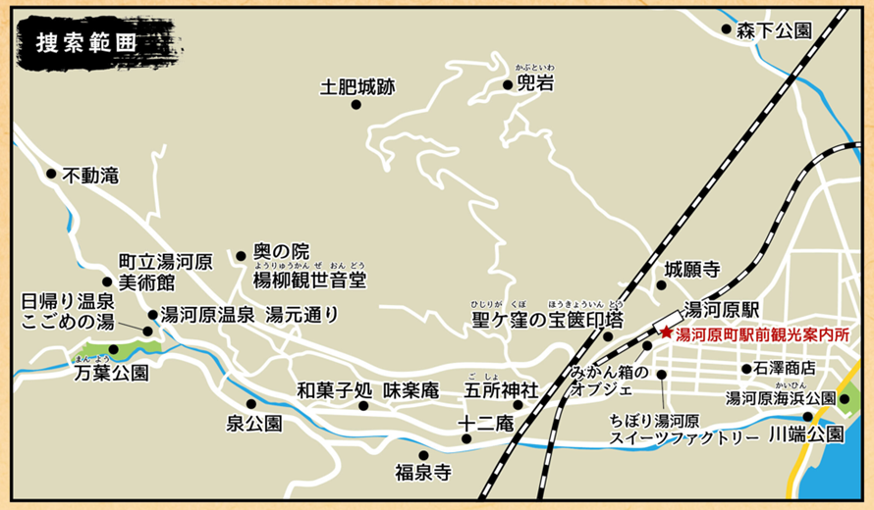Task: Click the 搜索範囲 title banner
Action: click(86, 44)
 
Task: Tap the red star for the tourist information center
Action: click(667, 332)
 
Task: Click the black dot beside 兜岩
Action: click(508, 84)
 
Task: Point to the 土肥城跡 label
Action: click(356, 87)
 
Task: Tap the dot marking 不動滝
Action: click(51, 174)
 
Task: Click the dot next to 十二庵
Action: click(466, 438)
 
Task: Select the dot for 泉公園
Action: click(251, 403)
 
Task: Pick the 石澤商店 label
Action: click(785, 369)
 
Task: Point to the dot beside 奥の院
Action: click(241, 256)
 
